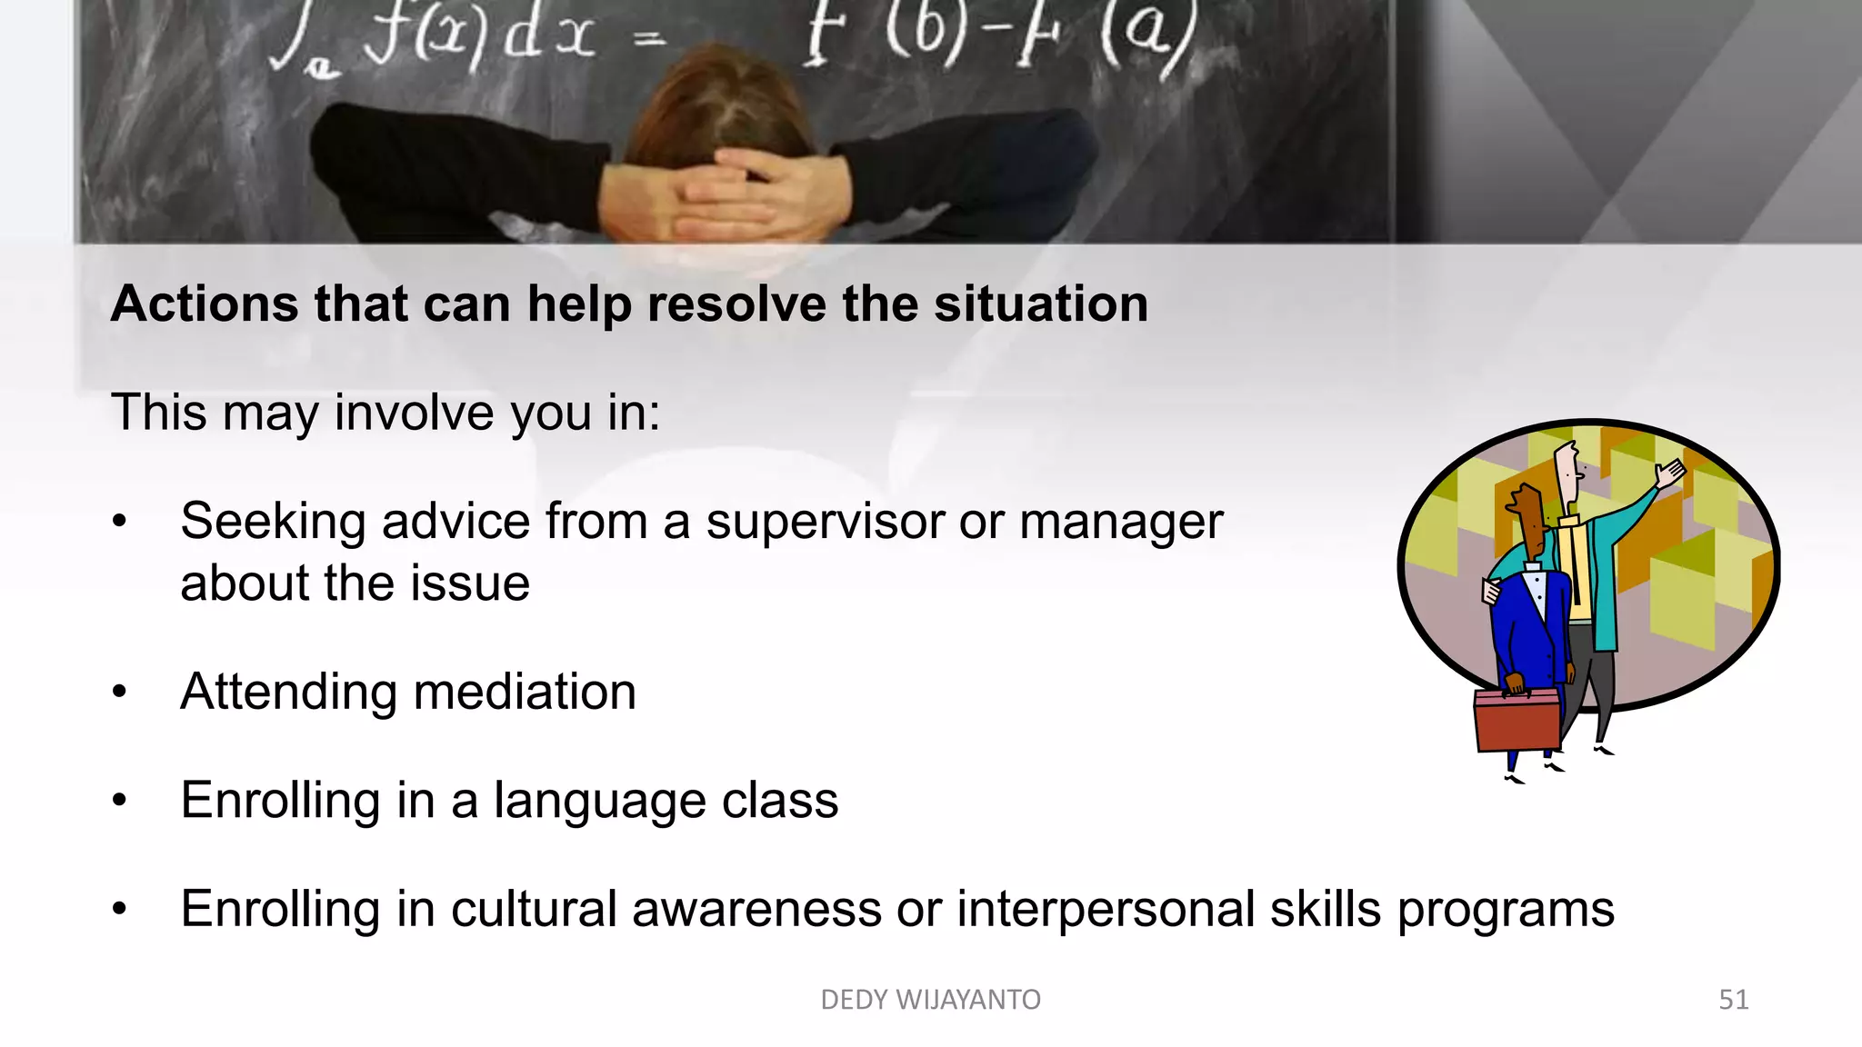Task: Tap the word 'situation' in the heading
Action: click(1040, 304)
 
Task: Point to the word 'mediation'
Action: click(524, 692)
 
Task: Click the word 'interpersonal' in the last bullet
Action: click(1105, 909)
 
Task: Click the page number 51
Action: click(1733, 1000)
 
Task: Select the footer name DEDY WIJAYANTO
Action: click(930, 1000)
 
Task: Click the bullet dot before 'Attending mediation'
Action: click(119, 693)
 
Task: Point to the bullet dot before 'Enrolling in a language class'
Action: click(119, 801)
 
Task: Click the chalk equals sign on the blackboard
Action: click(648, 38)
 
